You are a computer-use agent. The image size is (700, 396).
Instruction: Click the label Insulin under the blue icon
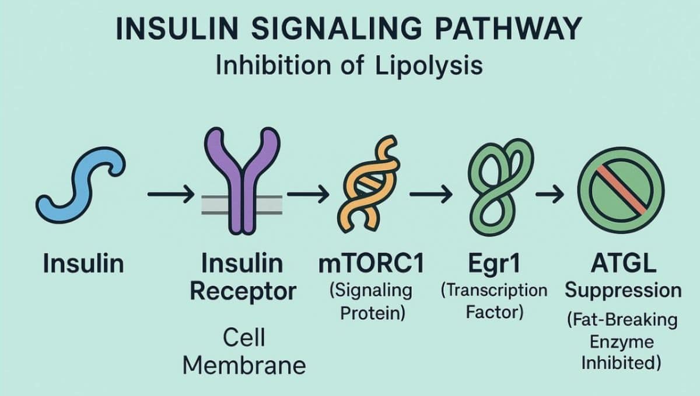tap(83, 264)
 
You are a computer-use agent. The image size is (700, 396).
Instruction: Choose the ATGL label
tap(622, 264)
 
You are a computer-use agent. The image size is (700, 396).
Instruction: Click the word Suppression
tap(622, 290)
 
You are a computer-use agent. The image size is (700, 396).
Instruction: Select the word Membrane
tap(244, 365)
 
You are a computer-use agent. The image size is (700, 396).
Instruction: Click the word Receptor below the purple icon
tap(244, 291)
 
